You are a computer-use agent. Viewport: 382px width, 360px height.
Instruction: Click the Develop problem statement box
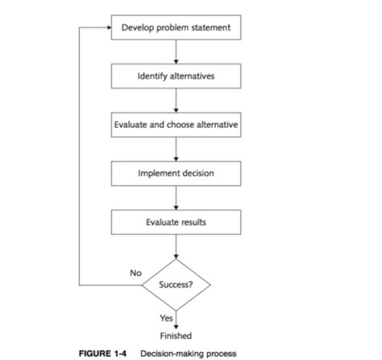[x=176, y=28]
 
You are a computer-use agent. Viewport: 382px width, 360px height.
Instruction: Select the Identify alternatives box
[x=176, y=77]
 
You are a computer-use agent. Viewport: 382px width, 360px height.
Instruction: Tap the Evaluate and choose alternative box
[x=176, y=125]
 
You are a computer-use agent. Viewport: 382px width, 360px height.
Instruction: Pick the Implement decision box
[x=176, y=172]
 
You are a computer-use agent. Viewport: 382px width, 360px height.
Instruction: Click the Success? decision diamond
[x=176, y=283]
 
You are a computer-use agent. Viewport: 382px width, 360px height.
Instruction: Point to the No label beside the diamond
[x=136, y=274]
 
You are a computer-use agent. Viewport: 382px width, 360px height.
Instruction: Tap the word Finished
[x=176, y=336]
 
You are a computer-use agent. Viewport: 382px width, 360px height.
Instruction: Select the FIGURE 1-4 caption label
[x=104, y=354]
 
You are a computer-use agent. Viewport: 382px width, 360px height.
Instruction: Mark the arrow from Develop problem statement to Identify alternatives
[x=176, y=52]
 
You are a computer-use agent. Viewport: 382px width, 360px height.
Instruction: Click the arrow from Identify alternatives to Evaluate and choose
[x=176, y=101]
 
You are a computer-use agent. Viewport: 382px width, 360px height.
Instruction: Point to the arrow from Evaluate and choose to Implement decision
[x=176, y=149]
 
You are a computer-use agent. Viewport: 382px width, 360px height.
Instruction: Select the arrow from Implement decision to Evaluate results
[x=176, y=197]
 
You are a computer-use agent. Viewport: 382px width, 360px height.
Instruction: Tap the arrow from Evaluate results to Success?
[x=176, y=246]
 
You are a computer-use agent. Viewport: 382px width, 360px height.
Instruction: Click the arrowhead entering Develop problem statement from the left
[x=106, y=28]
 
